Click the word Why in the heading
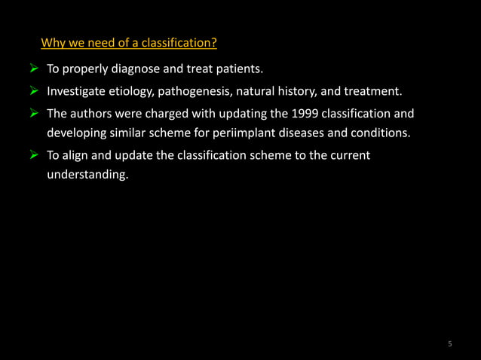point(53,42)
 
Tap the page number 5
point(450,344)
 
